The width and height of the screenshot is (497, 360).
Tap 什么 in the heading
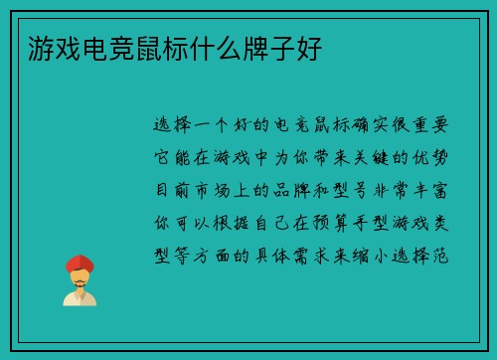211,47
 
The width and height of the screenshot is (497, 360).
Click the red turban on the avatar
80,263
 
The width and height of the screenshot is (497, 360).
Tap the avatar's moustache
80,281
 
